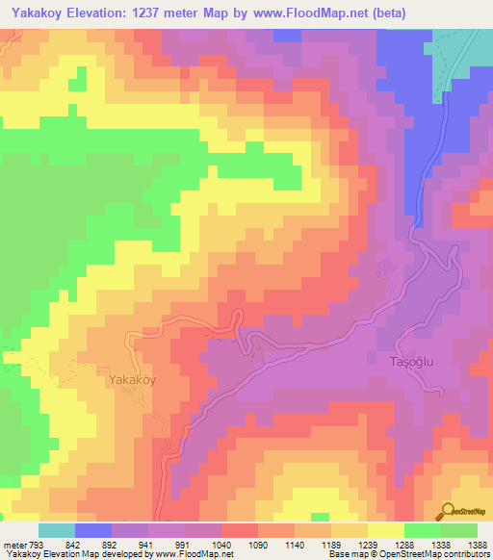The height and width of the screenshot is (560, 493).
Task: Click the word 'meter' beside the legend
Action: tap(15, 545)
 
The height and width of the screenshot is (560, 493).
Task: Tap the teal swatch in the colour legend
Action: tap(56, 530)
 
